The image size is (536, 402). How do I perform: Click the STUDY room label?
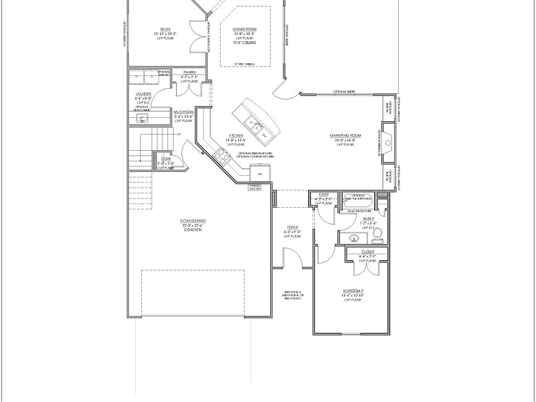(x=165, y=31)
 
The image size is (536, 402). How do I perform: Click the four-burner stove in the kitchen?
(x=222, y=155)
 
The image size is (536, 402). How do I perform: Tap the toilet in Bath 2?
(x=378, y=234)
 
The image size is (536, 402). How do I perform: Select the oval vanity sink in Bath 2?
(x=353, y=239)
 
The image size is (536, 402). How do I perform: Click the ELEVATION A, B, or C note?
(x=293, y=296)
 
